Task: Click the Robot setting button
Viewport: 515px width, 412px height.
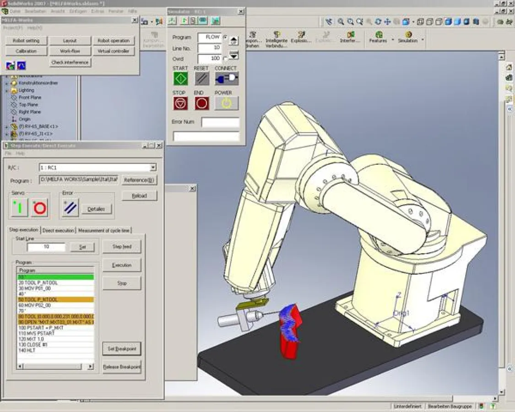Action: coord(26,41)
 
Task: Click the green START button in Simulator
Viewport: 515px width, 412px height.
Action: coord(180,79)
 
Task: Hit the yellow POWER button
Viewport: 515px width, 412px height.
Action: coord(227,103)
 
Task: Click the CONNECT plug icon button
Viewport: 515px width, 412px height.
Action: coord(227,79)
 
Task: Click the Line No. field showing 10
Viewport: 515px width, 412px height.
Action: coord(210,48)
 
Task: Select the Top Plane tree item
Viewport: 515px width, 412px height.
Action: coord(28,105)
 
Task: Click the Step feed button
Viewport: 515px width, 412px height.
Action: coord(122,247)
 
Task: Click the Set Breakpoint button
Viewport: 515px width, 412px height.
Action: coord(122,349)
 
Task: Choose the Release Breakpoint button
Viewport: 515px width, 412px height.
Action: coord(122,367)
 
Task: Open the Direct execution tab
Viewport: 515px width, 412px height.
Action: coord(58,230)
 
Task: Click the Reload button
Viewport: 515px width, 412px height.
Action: coord(139,196)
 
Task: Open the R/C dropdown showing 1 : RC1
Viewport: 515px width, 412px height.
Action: coord(153,168)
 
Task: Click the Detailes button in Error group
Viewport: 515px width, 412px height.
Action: coord(96,209)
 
